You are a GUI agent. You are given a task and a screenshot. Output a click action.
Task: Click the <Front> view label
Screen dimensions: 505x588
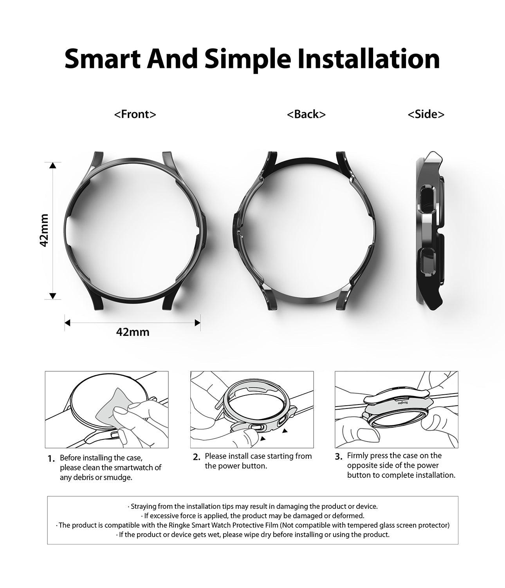click(x=135, y=114)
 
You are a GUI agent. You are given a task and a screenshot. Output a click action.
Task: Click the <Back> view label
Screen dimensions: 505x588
click(x=306, y=114)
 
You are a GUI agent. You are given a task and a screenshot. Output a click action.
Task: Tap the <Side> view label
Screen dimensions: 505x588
click(x=426, y=114)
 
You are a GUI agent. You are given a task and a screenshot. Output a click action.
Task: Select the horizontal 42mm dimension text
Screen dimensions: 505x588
click(x=133, y=332)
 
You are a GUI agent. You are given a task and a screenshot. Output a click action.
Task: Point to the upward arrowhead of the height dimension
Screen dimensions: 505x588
click(x=52, y=165)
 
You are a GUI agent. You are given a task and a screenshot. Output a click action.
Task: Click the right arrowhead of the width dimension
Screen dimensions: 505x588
click(x=197, y=323)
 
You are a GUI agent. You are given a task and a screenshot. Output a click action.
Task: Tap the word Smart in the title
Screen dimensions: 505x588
click(x=103, y=59)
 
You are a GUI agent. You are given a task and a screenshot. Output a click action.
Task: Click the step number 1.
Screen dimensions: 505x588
click(x=51, y=459)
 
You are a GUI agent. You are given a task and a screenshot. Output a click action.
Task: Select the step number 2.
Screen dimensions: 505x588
click(x=197, y=457)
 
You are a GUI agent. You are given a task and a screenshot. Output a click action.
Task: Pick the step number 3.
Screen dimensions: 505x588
click(x=339, y=457)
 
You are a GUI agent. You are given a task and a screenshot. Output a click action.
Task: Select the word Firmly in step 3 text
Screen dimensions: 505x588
click(x=357, y=456)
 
